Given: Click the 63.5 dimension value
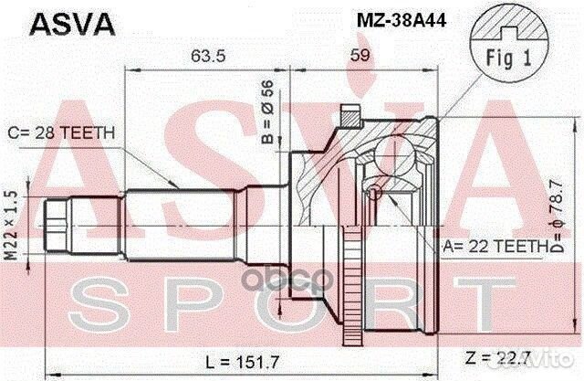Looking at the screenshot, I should tap(207, 54).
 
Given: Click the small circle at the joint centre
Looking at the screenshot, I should tap(375, 193).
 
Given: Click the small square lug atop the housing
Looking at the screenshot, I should tap(349, 116).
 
